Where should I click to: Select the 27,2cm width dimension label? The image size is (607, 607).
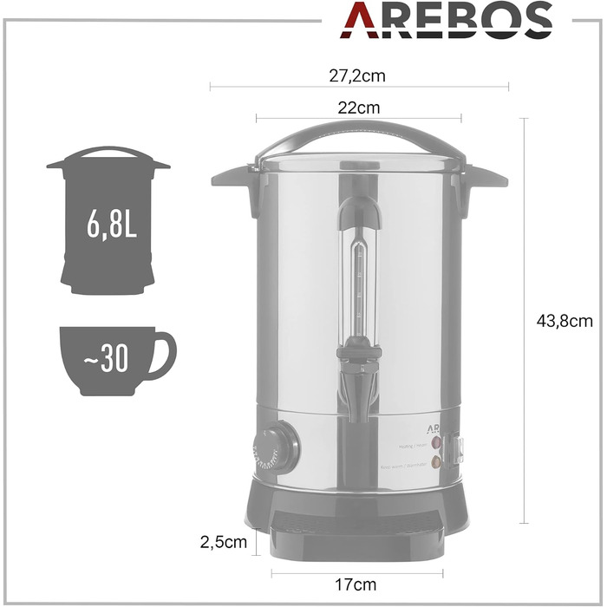click(x=356, y=75)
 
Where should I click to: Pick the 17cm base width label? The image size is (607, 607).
click(x=357, y=585)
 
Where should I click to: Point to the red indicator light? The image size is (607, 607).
click(x=436, y=443)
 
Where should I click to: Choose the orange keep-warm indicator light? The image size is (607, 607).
click(x=436, y=463)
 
